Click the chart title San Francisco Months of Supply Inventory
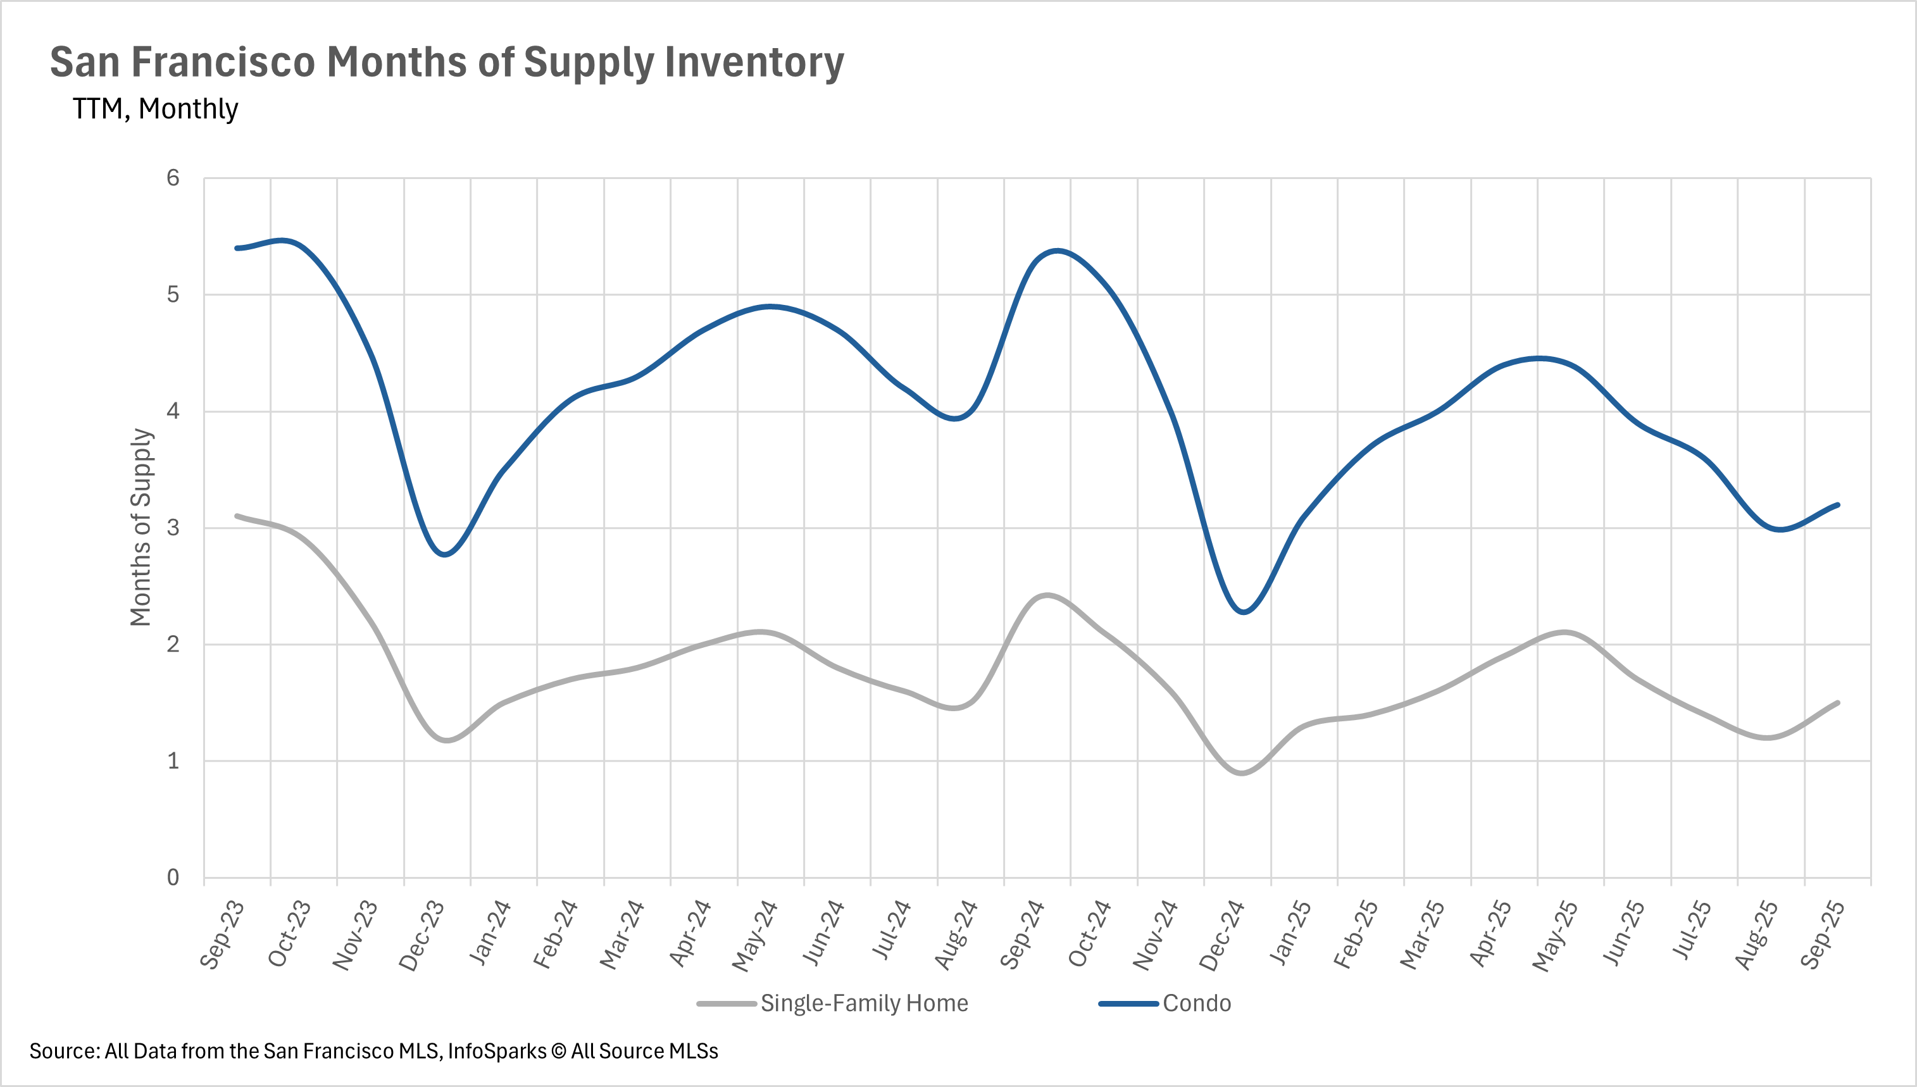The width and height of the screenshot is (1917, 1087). coord(447,62)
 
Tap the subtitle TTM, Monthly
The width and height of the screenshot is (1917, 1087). coord(155,109)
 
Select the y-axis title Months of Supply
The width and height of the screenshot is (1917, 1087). coord(140,527)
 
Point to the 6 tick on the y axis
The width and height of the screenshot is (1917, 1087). coord(173,178)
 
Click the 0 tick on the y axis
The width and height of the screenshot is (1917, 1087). coord(173,877)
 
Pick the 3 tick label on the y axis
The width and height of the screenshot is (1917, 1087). coord(173,528)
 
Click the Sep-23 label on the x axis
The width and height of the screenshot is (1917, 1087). coord(222,935)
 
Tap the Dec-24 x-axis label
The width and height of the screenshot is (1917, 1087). coord(1221,935)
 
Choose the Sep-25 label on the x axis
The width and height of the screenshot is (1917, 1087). coord(1822,935)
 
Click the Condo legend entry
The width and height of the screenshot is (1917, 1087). coord(1196,1003)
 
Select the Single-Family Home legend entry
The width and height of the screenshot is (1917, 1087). coord(864,1003)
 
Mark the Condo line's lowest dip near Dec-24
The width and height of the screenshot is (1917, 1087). coord(1242,613)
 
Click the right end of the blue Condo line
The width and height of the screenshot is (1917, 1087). coord(1838,505)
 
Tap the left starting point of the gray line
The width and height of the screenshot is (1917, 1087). coord(237,516)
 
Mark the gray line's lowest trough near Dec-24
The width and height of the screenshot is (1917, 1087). coord(1242,773)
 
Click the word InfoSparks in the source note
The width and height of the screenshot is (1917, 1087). coord(497,1051)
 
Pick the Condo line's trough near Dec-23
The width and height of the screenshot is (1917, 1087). coord(445,555)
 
